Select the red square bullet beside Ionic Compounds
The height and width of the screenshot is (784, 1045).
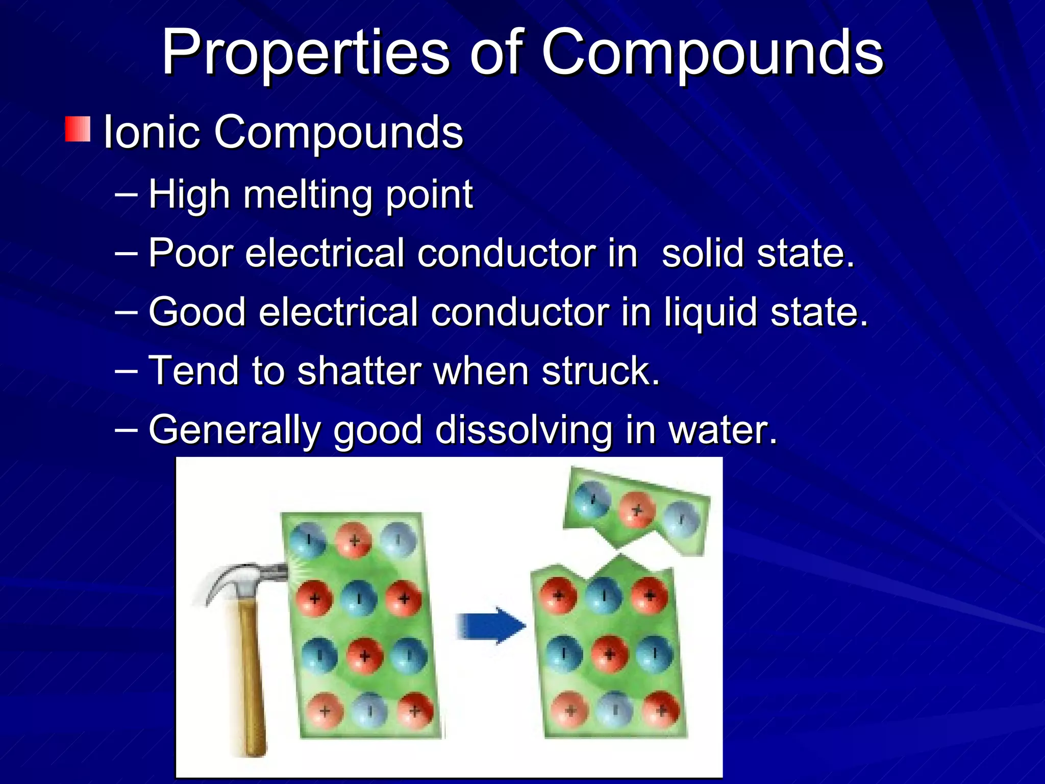[78, 129]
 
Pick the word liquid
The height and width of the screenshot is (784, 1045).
[710, 312]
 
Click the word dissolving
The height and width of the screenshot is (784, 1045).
[524, 430]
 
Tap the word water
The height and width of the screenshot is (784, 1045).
[723, 430]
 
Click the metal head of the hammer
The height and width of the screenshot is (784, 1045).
[245, 579]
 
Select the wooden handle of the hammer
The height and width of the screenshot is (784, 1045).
[252, 679]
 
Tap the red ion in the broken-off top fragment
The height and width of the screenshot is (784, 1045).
[637, 509]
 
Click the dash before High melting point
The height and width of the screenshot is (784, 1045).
[126, 194]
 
